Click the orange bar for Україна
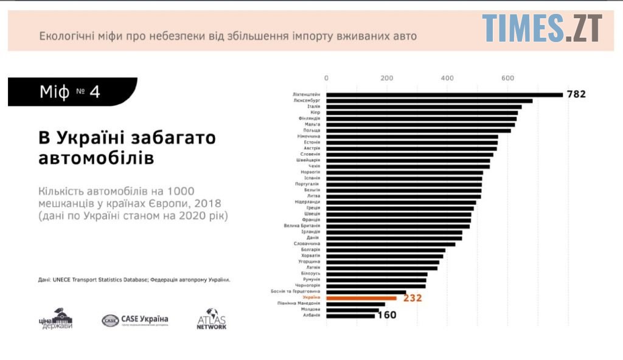(x=361, y=298)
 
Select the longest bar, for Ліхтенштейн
(x=444, y=94)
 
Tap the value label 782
(x=576, y=94)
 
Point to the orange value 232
(x=412, y=298)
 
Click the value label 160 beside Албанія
(x=386, y=316)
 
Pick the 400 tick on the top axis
(x=448, y=78)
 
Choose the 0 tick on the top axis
(x=327, y=78)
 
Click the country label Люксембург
(x=307, y=100)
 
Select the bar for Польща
(x=419, y=130)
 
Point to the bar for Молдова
(x=352, y=310)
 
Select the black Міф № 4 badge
(x=72, y=92)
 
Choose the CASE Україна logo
(x=135, y=320)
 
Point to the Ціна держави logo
(x=57, y=319)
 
